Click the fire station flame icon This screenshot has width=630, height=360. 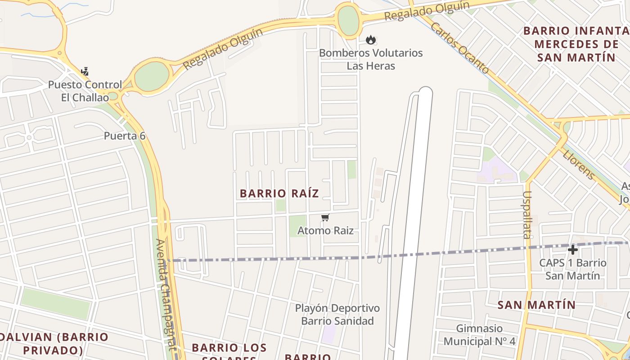(370, 40)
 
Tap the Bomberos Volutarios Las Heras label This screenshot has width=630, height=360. (371, 59)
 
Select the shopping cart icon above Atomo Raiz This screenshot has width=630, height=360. (325, 218)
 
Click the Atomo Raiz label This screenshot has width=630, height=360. (325, 231)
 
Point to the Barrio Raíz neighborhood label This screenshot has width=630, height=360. (279, 193)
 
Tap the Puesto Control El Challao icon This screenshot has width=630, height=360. (85, 72)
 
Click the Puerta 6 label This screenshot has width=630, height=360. (125, 136)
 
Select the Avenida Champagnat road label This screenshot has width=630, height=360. (165, 294)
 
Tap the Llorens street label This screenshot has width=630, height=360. (579, 164)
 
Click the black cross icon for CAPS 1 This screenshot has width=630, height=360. (572, 250)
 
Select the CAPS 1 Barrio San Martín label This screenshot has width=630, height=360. (572, 269)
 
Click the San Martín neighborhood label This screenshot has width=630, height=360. (536, 305)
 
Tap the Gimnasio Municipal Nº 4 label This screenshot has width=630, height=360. (479, 335)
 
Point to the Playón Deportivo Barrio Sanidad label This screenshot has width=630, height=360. (337, 315)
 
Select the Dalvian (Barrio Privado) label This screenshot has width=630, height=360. (54, 343)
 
